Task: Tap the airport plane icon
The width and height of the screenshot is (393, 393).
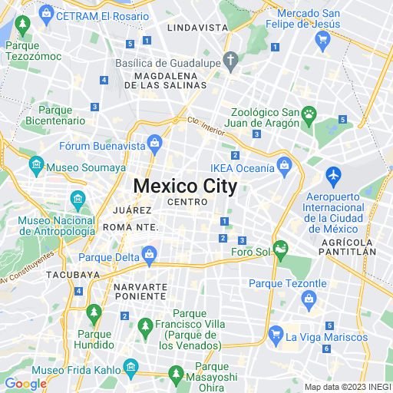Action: tap(333, 175)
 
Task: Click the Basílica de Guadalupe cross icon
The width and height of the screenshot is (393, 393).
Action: tap(230, 61)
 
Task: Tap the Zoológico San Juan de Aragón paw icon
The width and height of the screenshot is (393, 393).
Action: tap(309, 114)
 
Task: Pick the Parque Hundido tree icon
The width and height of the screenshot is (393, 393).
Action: tap(94, 312)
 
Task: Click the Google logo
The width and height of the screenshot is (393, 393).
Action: tap(25, 384)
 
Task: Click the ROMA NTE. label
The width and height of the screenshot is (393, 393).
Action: tap(130, 227)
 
